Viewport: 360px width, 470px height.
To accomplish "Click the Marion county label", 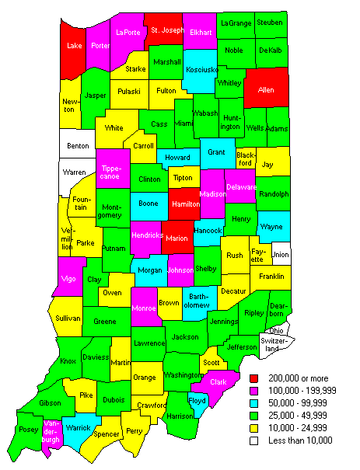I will pyautogui.click(x=178, y=238).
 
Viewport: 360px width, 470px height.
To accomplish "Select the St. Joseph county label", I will pyautogui.click(x=167, y=30).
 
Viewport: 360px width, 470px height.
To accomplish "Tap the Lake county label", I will pyautogui.click(x=75, y=46).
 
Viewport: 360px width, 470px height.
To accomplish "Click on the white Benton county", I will pyautogui.click(x=78, y=144).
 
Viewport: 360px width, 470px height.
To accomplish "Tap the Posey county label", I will pyautogui.click(x=30, y=430).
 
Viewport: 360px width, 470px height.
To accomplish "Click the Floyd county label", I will pyautogui.click(x=198, y=401).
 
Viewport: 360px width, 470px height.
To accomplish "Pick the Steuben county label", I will pyautogui.click(x=269, y=23).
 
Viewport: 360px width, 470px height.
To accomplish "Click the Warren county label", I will pyautogui.click(x=74, y=171).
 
